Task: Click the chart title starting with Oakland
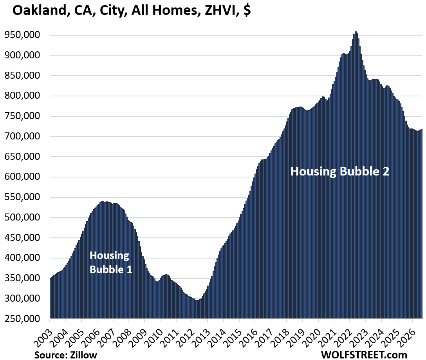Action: [x=132, y=11]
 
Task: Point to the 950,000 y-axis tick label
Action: [x=22, y=35]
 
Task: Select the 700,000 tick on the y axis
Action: [x=22, y=136]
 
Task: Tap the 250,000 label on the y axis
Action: [x=22, y=318]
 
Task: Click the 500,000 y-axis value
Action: [x=22, y=217]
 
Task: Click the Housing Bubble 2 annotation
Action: [x=340, y=171]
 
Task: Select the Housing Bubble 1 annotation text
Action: [x=111, y=262]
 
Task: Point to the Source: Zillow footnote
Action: [x=65, y=355]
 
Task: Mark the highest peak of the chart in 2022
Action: [x=356, y=32]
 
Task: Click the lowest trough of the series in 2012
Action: [x=197, y=300]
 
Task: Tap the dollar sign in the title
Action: [x=247, y=11]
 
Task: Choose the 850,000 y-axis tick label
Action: [x=22, y=75]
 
